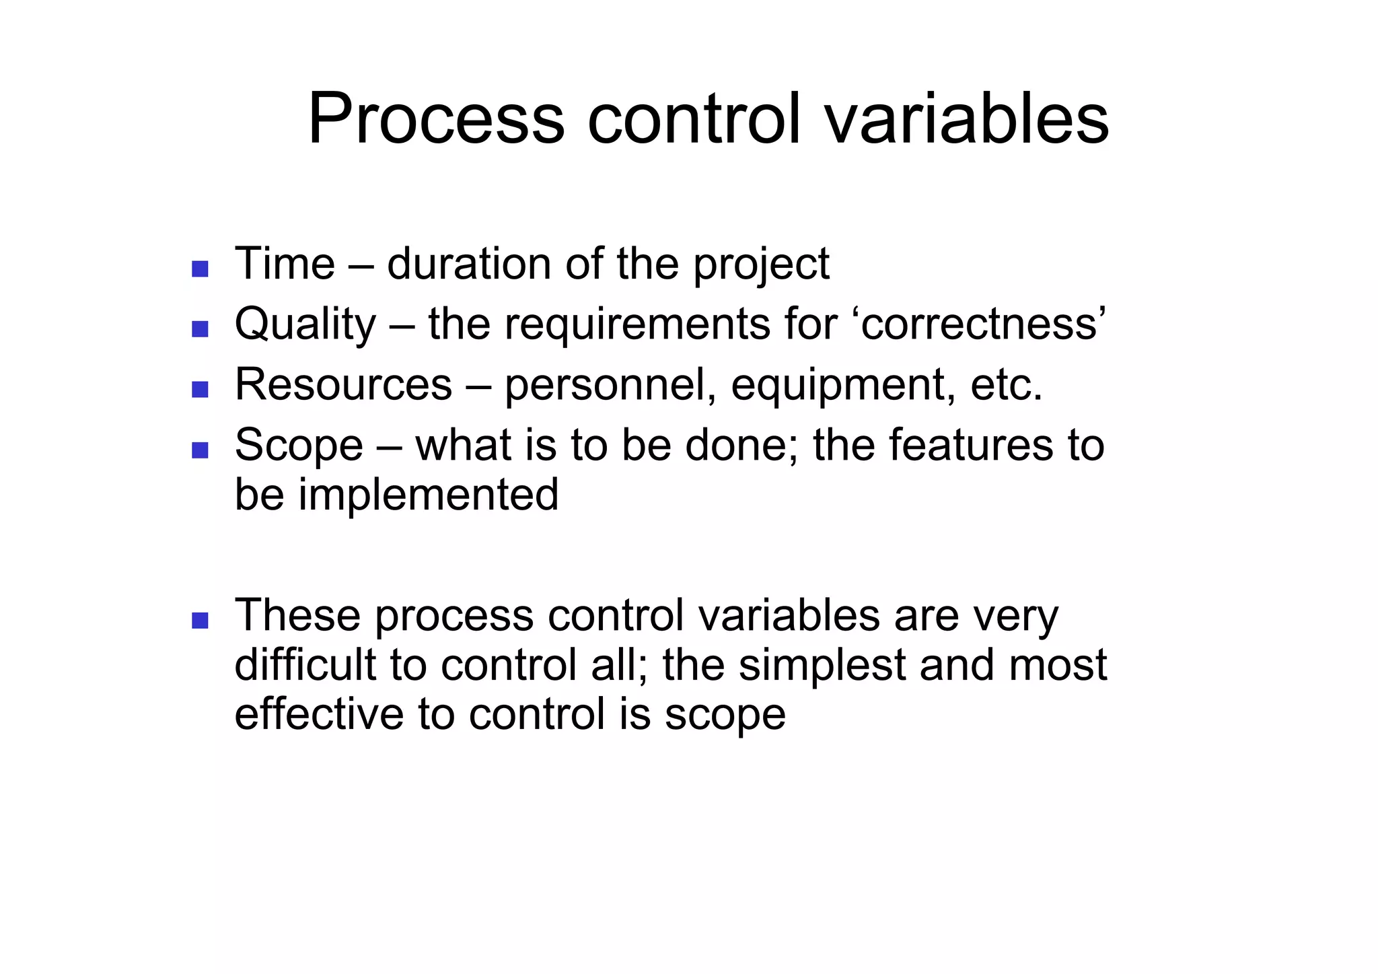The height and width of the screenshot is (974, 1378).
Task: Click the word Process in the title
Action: click(x=435, y=120)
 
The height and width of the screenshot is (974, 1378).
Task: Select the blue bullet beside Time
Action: click(x=200, y=269)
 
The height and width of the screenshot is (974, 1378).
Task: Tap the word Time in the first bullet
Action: click(x=285, y=263)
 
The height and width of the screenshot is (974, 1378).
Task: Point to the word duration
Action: click(x=469, y=263)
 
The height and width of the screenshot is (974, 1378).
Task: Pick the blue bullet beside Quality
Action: click(x=200, y=329)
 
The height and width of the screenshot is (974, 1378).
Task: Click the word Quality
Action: click(x=305, y=325)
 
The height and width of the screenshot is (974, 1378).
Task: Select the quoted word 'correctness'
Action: click(x=983, y=324)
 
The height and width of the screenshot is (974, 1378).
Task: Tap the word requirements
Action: click(x=637, y=325)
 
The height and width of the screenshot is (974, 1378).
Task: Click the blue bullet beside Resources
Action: click(x=200, y=389)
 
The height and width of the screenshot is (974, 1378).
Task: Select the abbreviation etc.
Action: click(x=1007, y=386)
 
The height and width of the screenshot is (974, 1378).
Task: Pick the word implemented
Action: click(x=428, y=495)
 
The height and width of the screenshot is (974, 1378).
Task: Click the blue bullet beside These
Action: click(x=200, y=620)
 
